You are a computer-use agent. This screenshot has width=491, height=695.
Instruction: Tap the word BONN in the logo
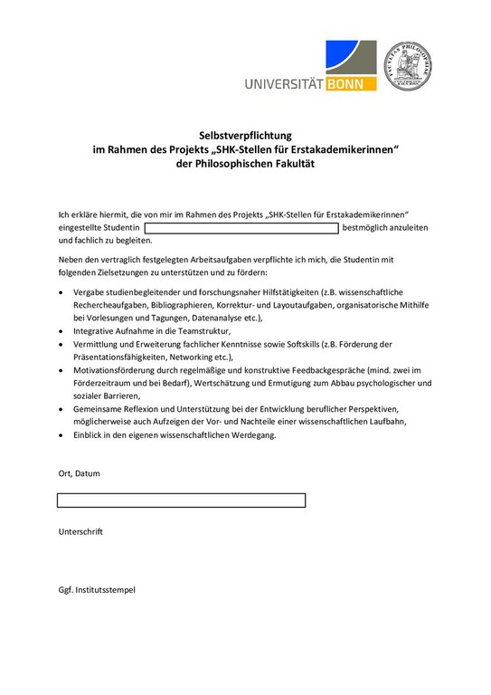tap(347, 83)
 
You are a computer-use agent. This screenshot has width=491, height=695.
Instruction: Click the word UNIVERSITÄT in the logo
tap(283, 84)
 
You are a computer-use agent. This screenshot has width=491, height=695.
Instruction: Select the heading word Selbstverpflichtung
tap(246, 134)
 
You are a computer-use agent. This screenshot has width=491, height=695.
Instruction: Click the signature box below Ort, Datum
tap(181, 500)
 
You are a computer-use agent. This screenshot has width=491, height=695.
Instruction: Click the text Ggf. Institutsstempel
tap(97, 590)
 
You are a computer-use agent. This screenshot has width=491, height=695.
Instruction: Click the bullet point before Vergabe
tap(61, 293)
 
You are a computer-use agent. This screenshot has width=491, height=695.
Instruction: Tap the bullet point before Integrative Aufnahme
tap(61, 332)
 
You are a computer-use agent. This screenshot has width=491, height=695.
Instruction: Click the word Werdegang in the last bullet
tap(253, 435)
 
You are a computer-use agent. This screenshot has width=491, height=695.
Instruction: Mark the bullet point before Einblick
tap(61, 435)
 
